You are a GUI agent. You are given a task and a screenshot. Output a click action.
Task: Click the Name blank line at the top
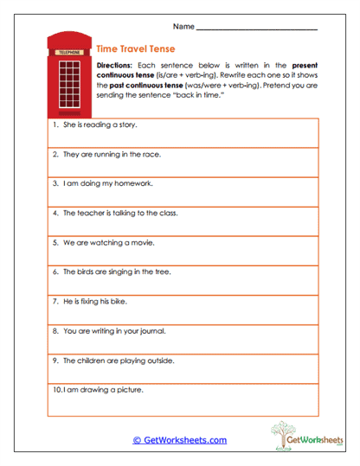[257, 29]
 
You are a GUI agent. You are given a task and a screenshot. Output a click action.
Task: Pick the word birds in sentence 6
[85, 271]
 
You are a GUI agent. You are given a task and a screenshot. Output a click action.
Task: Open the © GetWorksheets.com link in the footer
[179, 440]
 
